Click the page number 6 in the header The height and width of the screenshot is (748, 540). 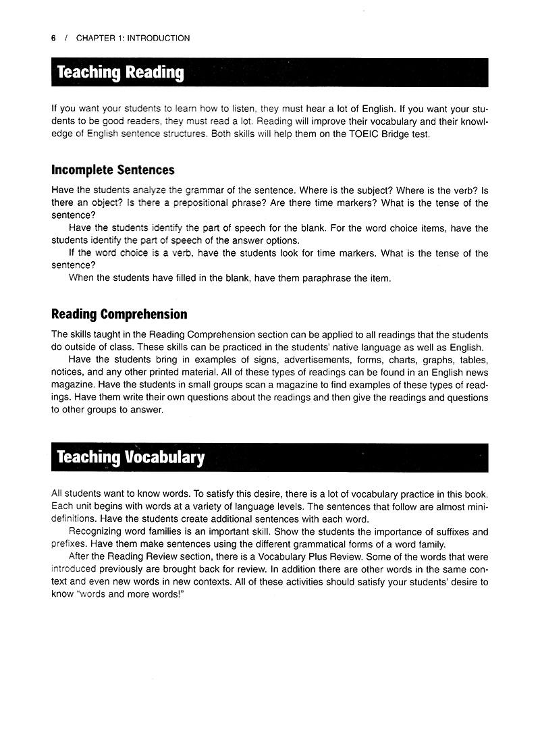click(x=53, y=38)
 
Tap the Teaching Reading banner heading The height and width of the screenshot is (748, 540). click(x=120, y=72)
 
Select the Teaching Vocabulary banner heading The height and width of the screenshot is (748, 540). click(x=130, y=457)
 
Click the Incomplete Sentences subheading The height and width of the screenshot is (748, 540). click(x=113, y=170)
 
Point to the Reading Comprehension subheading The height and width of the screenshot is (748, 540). click(x=119, y=315)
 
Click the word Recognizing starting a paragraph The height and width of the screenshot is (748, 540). click(x=99, y=532)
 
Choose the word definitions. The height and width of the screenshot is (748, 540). click(x=73, y=519)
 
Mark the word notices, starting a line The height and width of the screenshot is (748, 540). click(x=68, y=373)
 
